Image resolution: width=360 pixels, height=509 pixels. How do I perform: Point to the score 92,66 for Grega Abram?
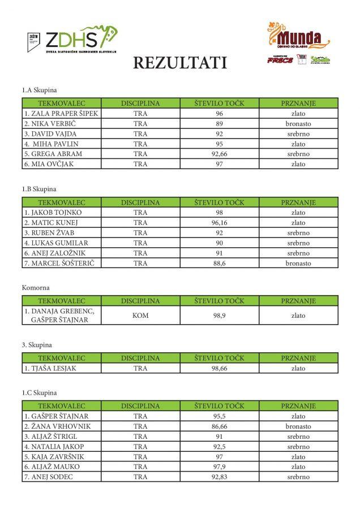(219, 154)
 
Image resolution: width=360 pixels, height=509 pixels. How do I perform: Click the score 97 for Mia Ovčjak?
(219, 164)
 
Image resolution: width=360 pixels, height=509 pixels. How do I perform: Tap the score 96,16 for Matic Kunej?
(219, 222)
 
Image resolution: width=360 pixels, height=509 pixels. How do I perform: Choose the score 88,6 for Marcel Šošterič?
(219, 263)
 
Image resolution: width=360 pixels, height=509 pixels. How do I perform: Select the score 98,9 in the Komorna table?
(219, 316)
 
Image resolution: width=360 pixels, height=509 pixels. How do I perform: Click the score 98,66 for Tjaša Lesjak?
(219, 368)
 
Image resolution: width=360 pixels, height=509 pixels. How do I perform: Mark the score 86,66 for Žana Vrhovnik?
(219, 426)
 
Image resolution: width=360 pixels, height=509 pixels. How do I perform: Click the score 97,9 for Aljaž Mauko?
(219, 467)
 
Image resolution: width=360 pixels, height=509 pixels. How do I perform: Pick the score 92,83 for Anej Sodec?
(219, 477)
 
